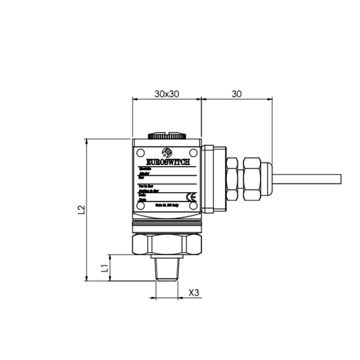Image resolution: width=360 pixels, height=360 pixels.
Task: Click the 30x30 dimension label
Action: (166, 94)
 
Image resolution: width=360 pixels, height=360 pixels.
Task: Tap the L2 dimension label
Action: (81, 210)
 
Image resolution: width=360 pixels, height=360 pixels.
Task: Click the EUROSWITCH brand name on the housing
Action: (166, 162)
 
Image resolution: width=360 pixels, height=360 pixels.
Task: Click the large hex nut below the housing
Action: (166, 244)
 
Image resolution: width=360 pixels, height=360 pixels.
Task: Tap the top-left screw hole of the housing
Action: (140, 152)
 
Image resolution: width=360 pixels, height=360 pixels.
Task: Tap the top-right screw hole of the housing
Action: (192, 152)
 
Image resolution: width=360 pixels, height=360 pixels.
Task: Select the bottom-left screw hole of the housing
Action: (140, 206)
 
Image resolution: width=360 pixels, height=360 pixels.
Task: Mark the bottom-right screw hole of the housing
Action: (192, 206)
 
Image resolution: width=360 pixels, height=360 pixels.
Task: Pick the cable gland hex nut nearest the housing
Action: (233, 178)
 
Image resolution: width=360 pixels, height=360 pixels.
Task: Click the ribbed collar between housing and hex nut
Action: (166, 227)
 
